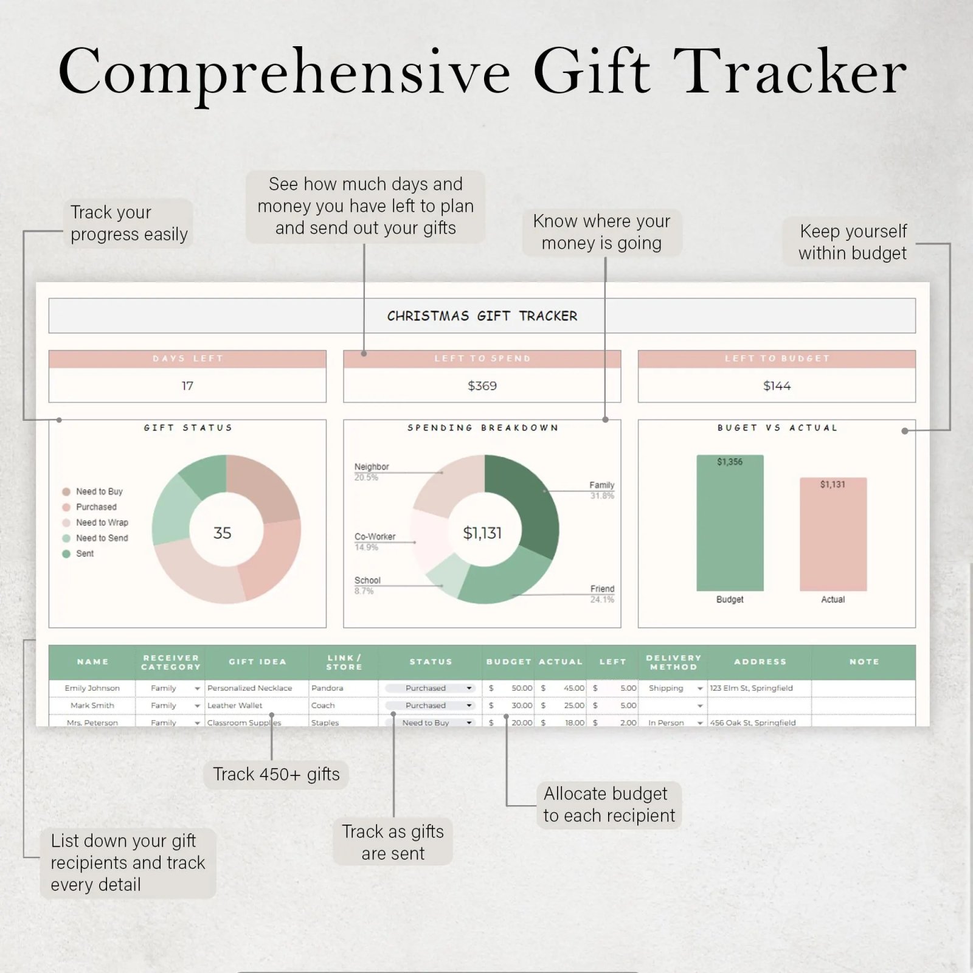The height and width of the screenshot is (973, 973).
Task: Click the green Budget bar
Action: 730,523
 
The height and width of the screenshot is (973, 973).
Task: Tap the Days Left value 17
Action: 187,386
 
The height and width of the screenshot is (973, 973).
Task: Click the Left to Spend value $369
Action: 482,386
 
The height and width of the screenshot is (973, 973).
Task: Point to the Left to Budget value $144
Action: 777,386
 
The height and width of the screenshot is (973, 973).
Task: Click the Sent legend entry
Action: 85,553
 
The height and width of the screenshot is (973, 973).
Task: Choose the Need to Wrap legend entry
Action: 102,522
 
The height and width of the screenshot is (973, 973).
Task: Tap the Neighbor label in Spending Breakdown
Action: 372,466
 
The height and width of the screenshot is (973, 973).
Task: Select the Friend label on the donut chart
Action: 602,589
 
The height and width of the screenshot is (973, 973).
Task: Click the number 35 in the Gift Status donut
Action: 223,533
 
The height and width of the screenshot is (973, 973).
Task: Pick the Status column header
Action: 431,662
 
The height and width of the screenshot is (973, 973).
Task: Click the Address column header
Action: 760,662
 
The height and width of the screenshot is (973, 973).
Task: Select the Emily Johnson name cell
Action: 92,688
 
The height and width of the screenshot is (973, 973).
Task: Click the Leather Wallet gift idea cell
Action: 235,705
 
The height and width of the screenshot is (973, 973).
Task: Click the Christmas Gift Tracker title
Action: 482,316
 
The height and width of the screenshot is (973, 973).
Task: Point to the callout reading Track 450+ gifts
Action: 276,774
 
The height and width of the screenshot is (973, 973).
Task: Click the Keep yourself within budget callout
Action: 853,242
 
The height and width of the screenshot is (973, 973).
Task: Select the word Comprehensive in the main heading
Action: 285,72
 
